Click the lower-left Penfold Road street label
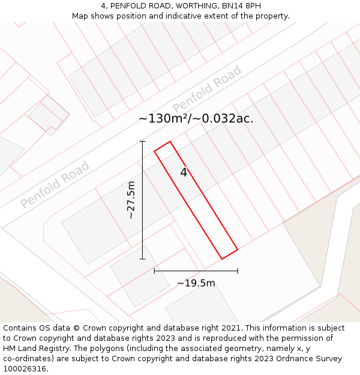[55, 184]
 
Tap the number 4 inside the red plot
[184, 173]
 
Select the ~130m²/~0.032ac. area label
[196, 119]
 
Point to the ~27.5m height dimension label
[131, 200]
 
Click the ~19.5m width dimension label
[196, 283]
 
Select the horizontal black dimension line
[196, 271]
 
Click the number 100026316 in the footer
[23, 369]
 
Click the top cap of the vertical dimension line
[143, 142]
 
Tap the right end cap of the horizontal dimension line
[238, 271]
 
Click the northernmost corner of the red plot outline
[170, 142]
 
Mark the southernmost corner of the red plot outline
[222, 259]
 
